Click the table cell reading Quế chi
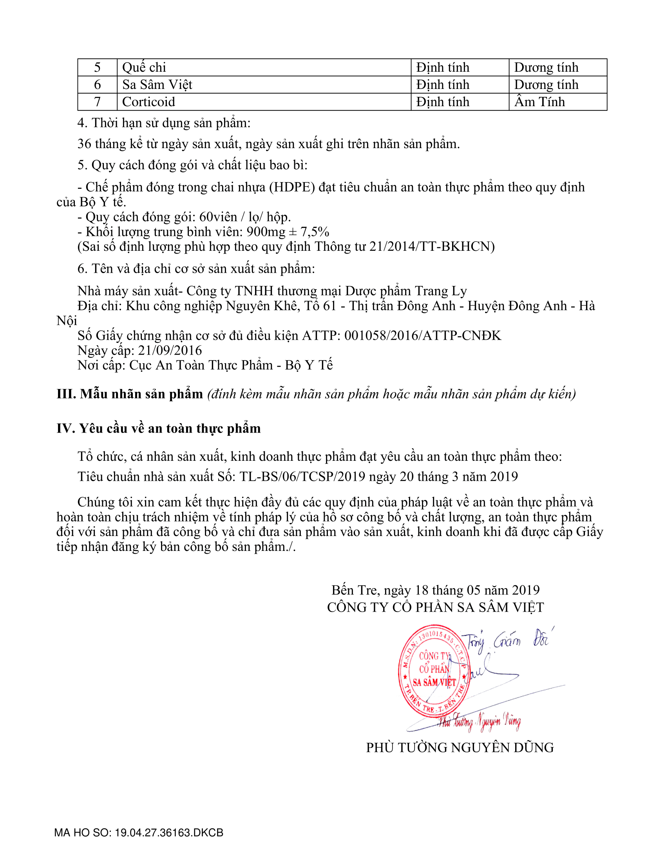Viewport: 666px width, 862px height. coord(144,67)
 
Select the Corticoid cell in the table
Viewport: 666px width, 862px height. coord(148,102)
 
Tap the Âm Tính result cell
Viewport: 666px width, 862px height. coord(539,102)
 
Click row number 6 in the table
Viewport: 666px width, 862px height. coord(97,85)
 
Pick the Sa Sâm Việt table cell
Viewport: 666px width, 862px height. coord(157,85)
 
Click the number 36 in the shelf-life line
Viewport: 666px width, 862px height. coord(85,144)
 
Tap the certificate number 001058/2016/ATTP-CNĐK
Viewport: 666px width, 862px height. coord(423,335)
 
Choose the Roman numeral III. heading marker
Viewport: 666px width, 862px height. coord(66,394)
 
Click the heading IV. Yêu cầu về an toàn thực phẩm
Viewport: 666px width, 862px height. coord(159,429)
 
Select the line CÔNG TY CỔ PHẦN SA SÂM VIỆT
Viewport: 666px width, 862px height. coord(435,607)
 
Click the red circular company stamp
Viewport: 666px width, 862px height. coord(434,671)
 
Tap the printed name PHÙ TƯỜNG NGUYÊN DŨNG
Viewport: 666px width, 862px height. coord(460,748)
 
